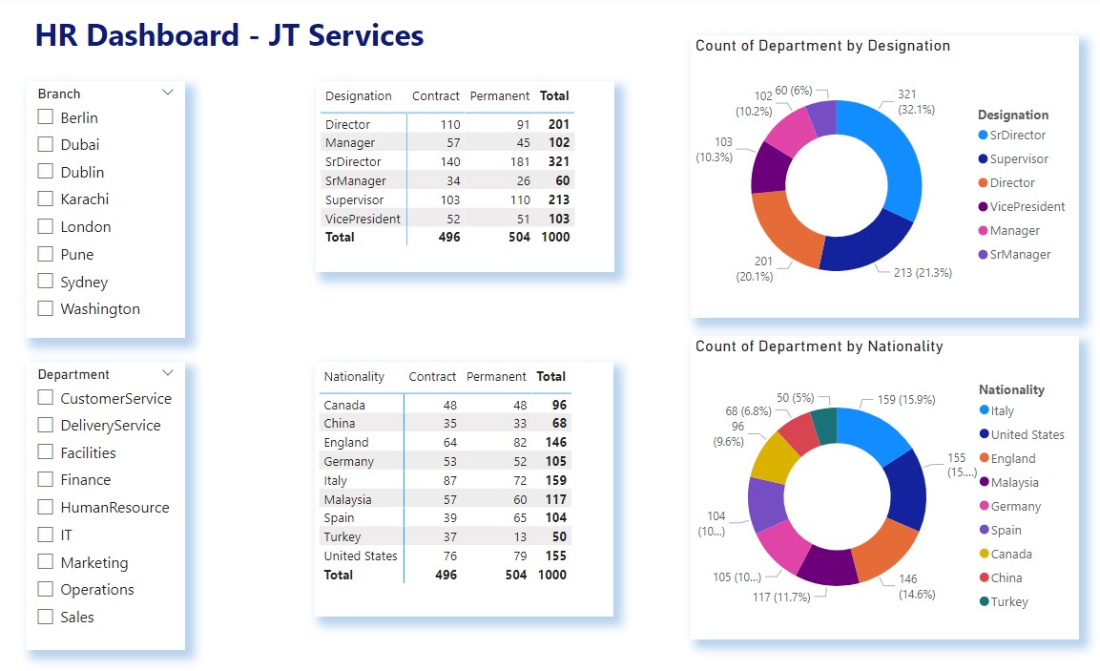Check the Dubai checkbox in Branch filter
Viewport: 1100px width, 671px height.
point(45,144)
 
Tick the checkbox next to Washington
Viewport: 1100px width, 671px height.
point(45,308)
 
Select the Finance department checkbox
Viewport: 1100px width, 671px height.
point(45,479)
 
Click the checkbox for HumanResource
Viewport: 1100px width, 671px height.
point(45,507)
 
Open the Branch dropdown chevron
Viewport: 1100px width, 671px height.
point(168,93)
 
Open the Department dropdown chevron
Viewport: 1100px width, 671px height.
point(168,373)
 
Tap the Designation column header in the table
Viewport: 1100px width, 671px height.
point(358,95)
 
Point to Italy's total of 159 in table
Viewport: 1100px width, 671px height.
point(555,480)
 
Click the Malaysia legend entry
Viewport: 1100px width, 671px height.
point(1014,482)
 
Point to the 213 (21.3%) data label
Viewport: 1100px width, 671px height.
point(923,272)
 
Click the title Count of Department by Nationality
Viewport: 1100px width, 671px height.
point(819,346)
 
